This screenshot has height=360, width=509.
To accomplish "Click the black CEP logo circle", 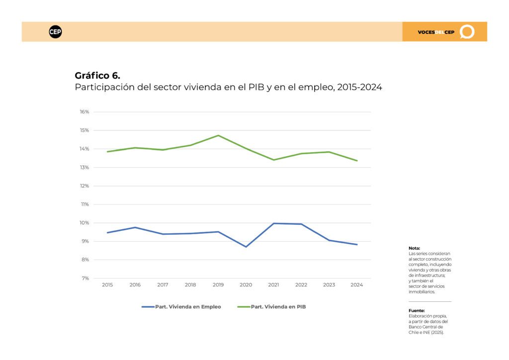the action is [55, 32].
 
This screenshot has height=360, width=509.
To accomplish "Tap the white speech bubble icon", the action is [467, 32].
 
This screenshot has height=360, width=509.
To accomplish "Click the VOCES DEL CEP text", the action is [436, 32].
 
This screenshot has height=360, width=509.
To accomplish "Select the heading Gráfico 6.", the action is [97, 76].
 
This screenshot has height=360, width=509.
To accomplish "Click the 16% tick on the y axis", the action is [85, 112].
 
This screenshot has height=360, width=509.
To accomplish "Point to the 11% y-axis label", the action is [85, 204].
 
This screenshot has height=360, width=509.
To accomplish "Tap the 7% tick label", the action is [85, 278].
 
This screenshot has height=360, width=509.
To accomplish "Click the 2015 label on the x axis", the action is [107, 285].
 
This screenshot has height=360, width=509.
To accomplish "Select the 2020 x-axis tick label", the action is [246, 285].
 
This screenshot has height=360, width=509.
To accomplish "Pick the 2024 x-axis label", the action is [357, 285].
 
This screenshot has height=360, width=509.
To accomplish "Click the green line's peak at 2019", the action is [219, 135].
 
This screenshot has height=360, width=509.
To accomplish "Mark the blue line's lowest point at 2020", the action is [246, 247].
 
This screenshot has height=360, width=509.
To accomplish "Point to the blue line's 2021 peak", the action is [274, 223].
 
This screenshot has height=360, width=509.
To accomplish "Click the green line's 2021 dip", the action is [274, 160].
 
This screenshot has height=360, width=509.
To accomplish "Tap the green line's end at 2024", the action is [357, 161].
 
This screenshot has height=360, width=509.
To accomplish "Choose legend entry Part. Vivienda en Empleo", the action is [181, 307].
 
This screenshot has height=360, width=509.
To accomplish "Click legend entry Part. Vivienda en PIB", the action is [272, 307].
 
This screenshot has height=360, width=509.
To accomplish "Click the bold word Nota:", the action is [414, 248].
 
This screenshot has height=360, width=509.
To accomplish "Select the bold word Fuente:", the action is [417, 311].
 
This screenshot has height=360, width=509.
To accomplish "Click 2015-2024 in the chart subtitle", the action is [360, 88].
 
